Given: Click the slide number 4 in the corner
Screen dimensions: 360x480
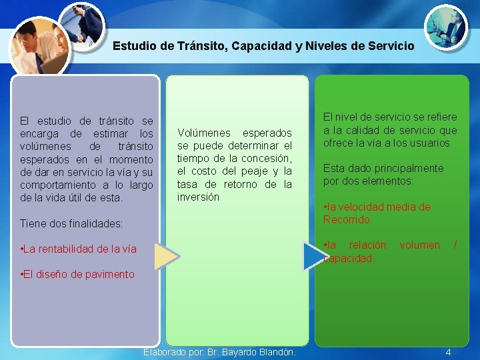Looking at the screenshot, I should click(x=448, y=352).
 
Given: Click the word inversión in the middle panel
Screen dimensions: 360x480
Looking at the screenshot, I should click(x=198, y=197).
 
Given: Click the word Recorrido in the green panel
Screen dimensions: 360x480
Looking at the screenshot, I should click(x=347, y=220).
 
